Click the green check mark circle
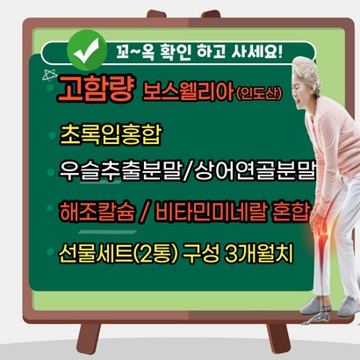coord(87,50)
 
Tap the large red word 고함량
coord(97,88)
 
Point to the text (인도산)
coord(259,93)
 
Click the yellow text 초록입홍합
coord(111,134)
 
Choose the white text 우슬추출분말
coord(119,171)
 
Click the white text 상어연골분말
coord(255,171)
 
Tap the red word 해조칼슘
coord(97,211)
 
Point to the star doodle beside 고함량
coord(49,76)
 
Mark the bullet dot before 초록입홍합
coord(52,135)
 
